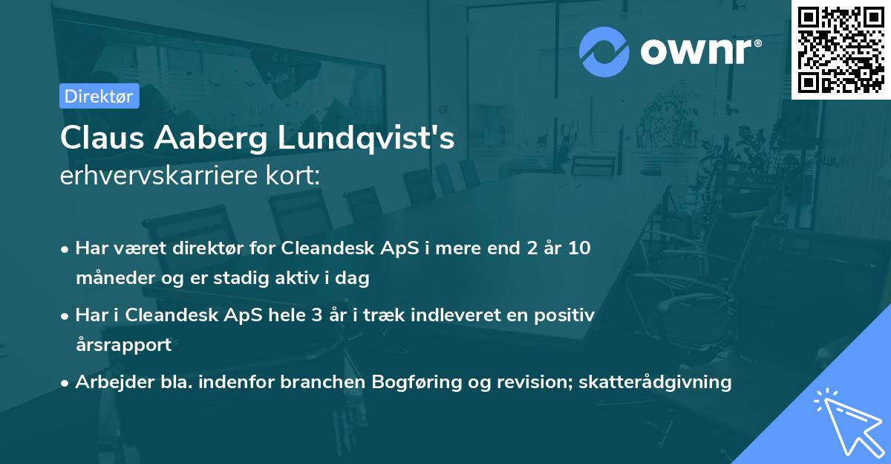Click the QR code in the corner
pyautogui.click(x=841, y=49)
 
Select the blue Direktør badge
pyautogui.click(x=99, y=96)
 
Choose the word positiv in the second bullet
pyautogui.click(x=567, y=315)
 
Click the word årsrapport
pyautogui.click(x=123, y=345)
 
